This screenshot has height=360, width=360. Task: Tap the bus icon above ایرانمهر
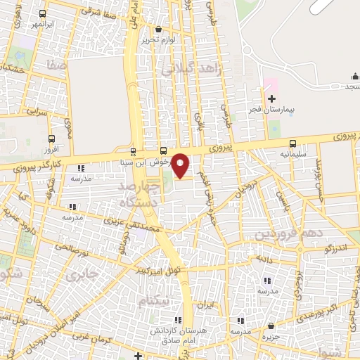point(43,13)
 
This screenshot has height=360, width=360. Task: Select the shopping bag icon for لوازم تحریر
point(157,30)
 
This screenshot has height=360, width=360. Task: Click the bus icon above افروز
point(51,139)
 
